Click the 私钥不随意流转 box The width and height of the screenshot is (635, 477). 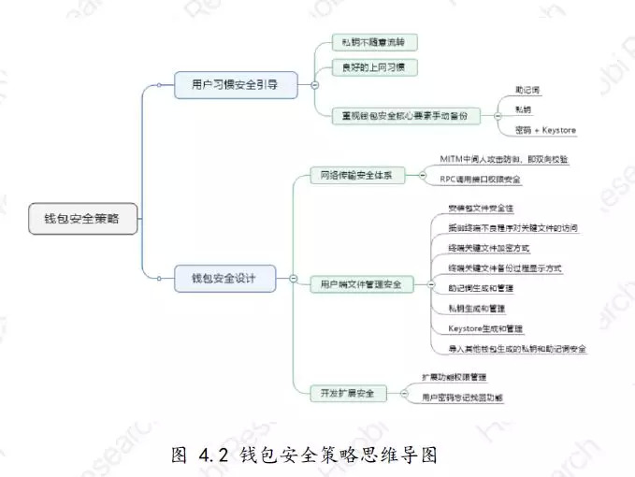click(373, 42)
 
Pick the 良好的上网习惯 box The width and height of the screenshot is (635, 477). click(373, 67)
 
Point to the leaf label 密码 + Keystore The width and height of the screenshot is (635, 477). click(545, 129)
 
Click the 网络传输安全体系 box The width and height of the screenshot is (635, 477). click(357, 175)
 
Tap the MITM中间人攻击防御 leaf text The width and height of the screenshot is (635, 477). click(503, 159)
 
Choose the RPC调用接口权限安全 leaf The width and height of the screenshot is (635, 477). click(481, 179)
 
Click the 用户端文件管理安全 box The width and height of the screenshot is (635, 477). click(361, 283)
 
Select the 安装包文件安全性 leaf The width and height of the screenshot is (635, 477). click(481, 208)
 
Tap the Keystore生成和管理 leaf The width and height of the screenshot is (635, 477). click(485, 328)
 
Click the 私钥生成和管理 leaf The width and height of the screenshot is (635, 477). click(476, 308)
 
